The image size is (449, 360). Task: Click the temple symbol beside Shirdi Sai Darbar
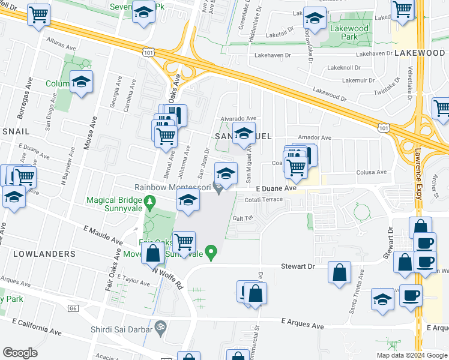[159, 327]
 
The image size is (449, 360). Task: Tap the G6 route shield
[73, 308]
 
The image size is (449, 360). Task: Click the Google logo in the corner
[20, 352]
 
